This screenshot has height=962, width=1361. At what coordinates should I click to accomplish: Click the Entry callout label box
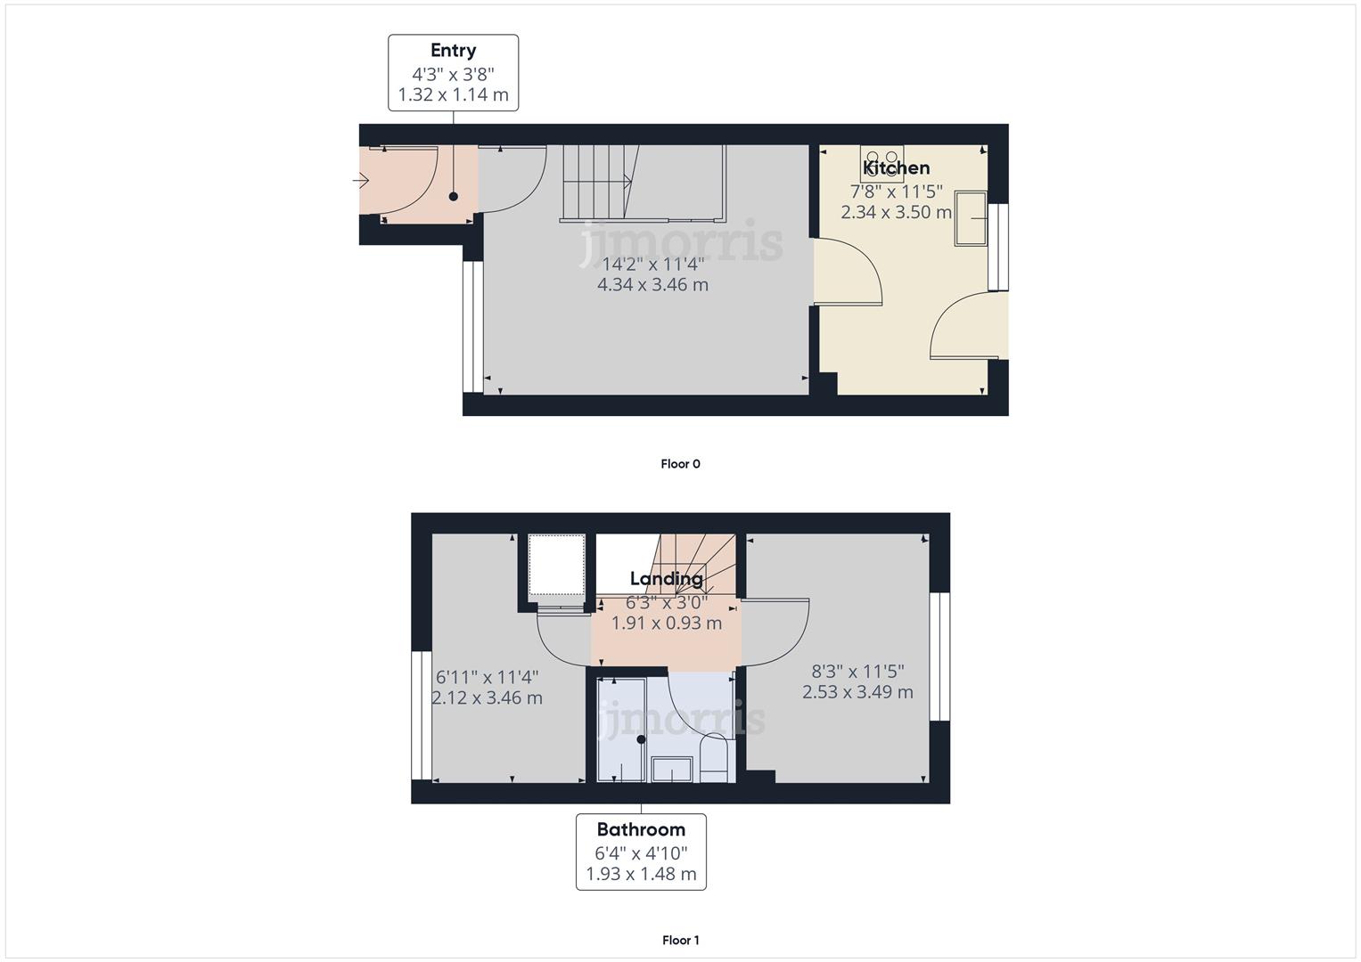tap(453, 73)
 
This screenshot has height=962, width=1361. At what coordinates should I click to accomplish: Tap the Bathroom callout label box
tap(641, 852)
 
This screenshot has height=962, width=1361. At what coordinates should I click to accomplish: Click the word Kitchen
tap(897, 167)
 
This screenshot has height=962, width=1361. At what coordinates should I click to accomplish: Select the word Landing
tap(666, 578)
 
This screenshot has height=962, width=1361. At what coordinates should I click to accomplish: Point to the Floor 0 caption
tap(680, 463)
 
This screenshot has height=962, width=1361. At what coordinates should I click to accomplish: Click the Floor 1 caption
tap(680, 940)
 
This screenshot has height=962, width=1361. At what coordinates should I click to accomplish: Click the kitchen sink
tap(971, 217)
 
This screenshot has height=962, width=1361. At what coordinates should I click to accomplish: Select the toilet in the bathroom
tap(714, 759)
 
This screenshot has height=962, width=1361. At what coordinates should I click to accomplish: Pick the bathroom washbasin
tap(672, 769)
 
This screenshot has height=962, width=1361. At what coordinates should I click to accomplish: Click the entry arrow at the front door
tap(361, 182)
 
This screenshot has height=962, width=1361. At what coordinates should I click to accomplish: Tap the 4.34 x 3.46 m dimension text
tap(652, 285)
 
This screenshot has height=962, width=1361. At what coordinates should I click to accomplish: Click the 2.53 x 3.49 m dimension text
tap(857, 692)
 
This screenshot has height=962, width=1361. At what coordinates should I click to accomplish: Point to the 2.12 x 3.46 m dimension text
tap(487, 697)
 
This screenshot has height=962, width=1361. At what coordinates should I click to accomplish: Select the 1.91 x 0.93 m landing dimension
tap(666, 623)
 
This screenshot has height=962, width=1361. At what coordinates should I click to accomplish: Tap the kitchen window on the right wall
tap(998, 247)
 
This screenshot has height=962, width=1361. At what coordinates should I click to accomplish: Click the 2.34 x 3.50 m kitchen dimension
tap(896, 212)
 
